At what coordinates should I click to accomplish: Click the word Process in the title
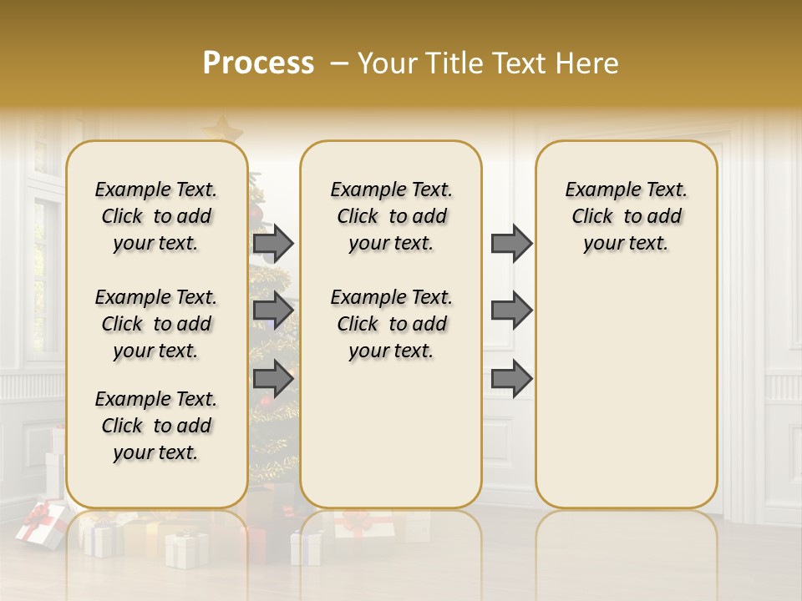258,63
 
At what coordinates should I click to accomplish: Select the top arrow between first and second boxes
273,244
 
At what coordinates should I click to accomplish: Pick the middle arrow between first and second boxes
273,311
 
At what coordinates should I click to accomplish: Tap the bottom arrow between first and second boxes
273,379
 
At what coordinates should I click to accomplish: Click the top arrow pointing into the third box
511,244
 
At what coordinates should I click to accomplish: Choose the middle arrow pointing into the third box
511,311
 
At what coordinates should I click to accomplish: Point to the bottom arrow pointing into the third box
511,379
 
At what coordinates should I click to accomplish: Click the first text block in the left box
156,216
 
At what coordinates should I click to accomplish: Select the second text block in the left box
156,324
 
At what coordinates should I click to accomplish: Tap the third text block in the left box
156,426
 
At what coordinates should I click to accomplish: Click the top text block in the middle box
391,216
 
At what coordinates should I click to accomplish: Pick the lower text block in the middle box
391,324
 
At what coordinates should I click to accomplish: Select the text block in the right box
626,216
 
